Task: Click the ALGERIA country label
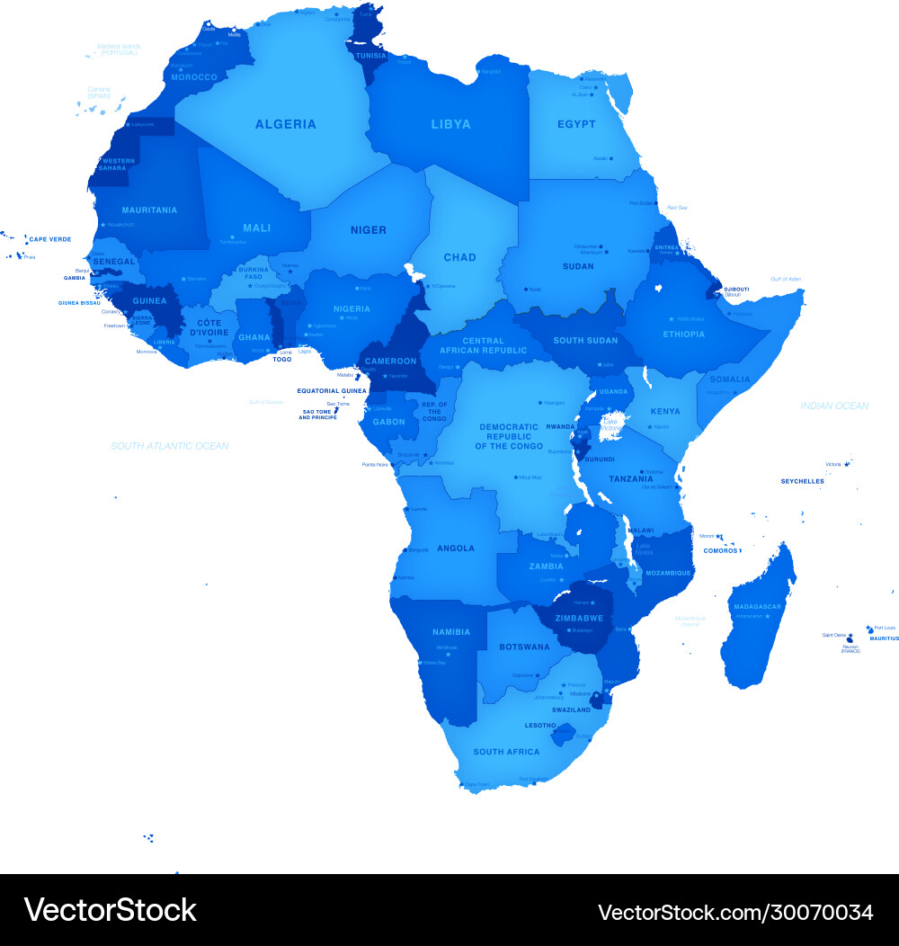click(285, 124)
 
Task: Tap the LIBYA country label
click(450, 124)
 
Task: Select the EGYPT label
click(576, 124)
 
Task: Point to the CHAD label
click(459, 257)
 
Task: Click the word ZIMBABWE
click(579, 619)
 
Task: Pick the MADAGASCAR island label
click(758, 607)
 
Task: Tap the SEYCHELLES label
click(802, 481)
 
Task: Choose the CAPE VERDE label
click(49, 239)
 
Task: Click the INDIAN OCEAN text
click(834, 406)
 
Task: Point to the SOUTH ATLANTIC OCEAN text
click(169, 446)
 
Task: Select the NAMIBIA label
click(426, 633)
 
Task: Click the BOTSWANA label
click(524, 647)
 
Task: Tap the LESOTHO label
click(540, 725)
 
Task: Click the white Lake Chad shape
click(414, 271)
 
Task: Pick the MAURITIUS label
click(884, 638)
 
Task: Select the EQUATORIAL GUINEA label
click(332, 391)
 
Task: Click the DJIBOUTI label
click(736, 289)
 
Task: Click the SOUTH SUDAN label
click(585, 341)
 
